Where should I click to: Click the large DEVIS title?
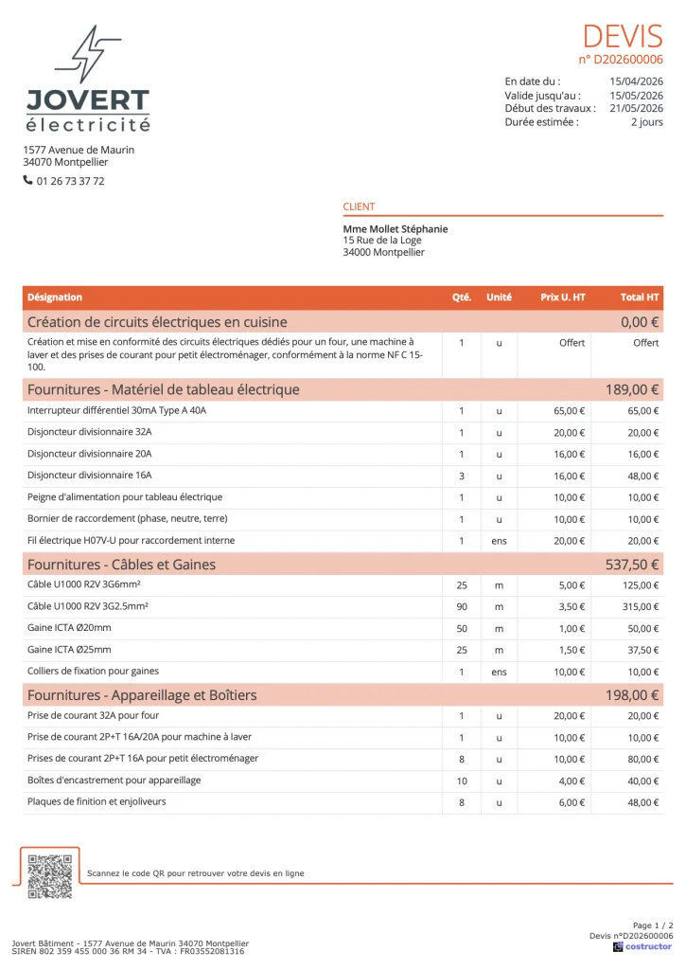coord(622,36)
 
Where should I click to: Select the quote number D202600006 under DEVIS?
coord(621,60)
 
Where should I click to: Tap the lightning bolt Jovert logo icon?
coord(88,54)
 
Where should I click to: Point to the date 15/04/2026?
coord(636,81)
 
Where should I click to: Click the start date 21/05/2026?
coord(636,108)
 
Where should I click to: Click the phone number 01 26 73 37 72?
coord(70,181)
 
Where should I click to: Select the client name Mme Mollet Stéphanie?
coord(396,229)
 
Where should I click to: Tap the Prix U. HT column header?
coord(563,297)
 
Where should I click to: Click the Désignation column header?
coord(55,297)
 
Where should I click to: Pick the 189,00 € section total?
coord(632,389)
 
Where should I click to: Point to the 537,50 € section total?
coord(632,565)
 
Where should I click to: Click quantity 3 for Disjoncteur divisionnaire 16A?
coord(462,476)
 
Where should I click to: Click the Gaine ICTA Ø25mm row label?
coord(69,650)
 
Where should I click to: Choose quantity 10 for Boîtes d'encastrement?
coord(462,781)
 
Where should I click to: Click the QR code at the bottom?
coord(49,876)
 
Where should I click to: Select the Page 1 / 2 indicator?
coord(653,925)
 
